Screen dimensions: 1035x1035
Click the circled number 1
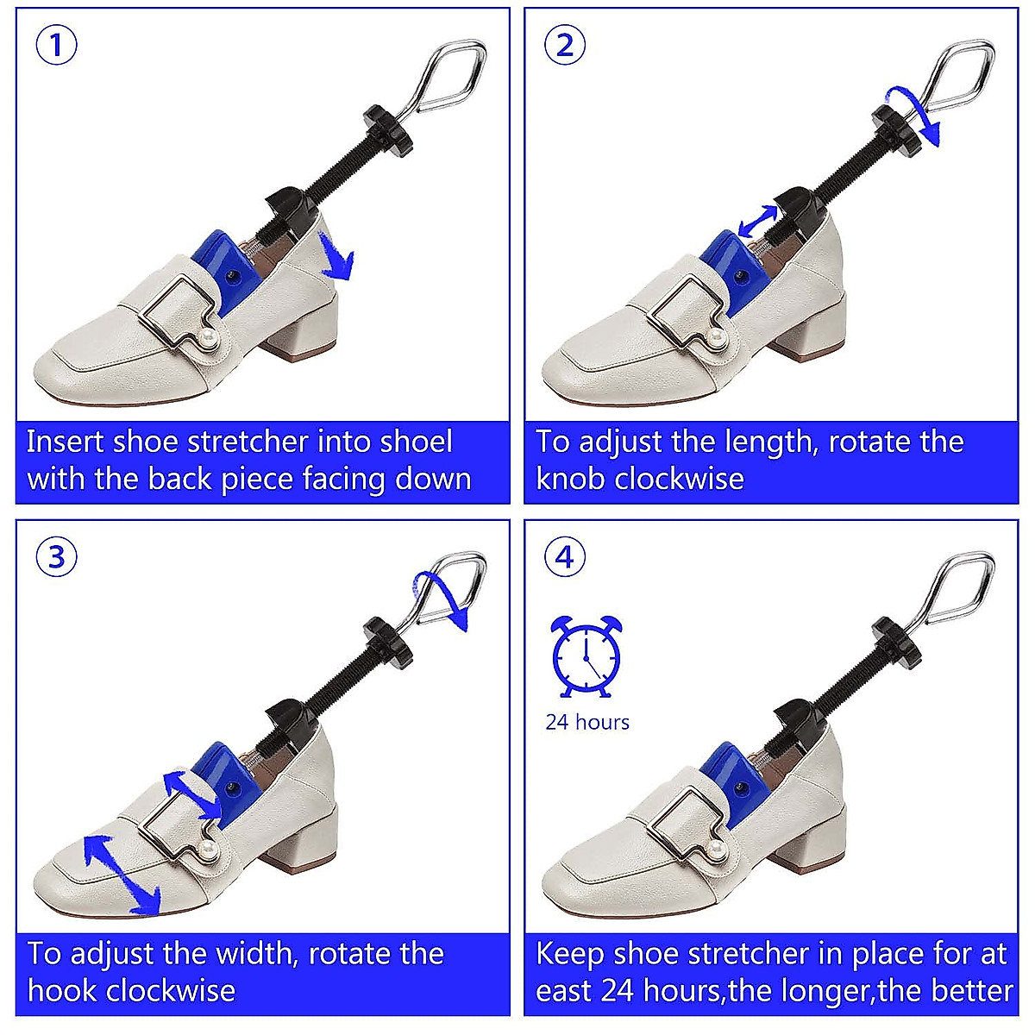click(x=57, y=45)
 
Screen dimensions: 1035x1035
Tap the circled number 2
click(x=565, y=45)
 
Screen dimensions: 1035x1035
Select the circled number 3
click(x=57, y=557)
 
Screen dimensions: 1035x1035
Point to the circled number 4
click(x=565, y=557)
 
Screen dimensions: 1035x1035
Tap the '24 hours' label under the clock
click(x=587, y=722)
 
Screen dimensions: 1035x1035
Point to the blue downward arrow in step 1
click(x=338, y=260)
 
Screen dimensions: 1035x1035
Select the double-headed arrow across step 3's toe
click(x=122, y=873)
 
